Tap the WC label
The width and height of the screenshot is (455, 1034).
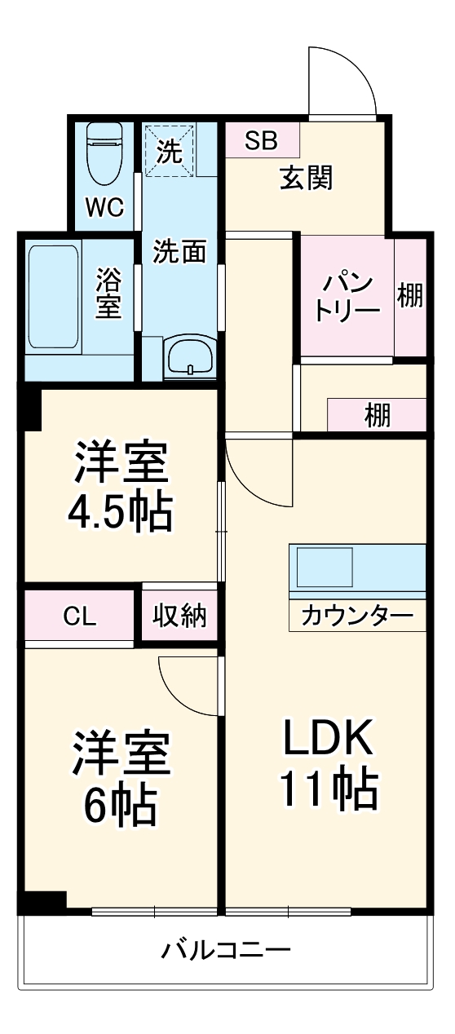(x=105, y=208)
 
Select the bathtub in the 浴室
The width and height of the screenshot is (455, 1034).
(x=53, y=296)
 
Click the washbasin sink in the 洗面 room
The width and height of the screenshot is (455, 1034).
(x=190, y=356)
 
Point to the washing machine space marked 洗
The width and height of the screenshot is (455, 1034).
(x=170, y=151)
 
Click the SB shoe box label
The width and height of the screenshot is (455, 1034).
(x=261, y=140)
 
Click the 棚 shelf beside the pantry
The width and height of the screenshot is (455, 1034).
(x=410, y=296)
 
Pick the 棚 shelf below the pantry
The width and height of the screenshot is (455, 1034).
(x=377, y=415)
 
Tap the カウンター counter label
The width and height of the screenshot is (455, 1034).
(x=356, y=616)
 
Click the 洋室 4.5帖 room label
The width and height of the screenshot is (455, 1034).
(x=122, y=488)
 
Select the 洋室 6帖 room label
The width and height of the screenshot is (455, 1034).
(x=122, y=778)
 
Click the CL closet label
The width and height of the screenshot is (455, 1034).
(x=80, y=616)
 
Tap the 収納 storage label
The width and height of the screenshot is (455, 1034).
(x=179, y=616)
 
